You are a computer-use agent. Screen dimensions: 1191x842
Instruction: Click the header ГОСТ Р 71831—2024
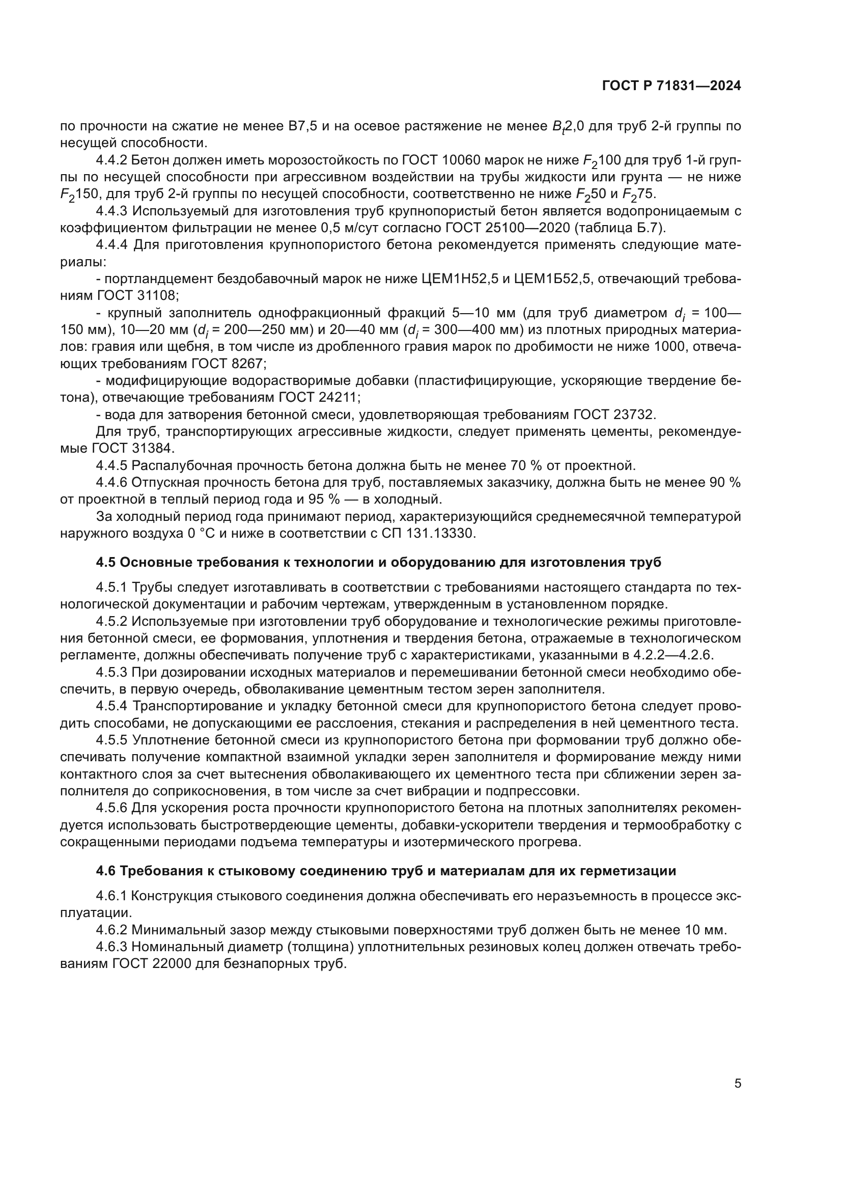(671, 86)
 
